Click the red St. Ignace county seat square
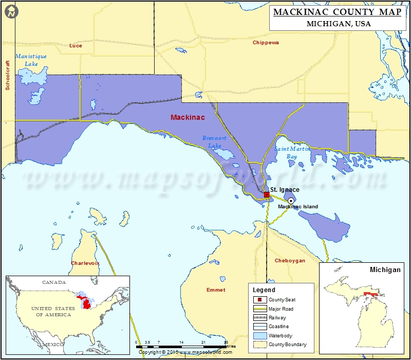[267, 195]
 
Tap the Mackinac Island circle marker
[291, 201]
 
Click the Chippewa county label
[266, 43]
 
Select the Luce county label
[76, 46]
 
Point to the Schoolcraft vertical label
[8, 75]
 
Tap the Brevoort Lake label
[214, 142]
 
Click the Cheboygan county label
[290, 261]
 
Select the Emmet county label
[216, 290]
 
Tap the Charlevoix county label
[85, 263]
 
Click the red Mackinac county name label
[188, 118]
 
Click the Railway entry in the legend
[278, 317]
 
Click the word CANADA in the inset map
[54, 282]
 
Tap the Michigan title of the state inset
[385, 269]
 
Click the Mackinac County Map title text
[337, 12]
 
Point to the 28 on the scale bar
[226, 341]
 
